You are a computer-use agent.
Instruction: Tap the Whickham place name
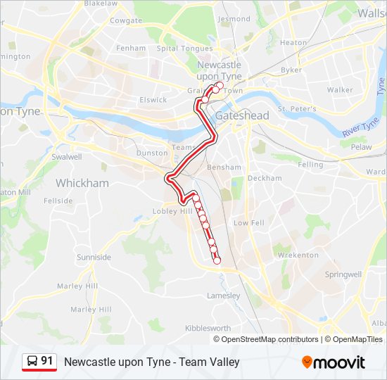[x=82, y=183]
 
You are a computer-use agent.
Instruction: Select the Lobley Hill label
[x=172, y=211]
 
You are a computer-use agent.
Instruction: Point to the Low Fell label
[x=248, y=222]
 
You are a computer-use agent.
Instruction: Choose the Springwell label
[x=343, y=274]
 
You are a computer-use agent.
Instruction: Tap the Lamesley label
[x=223, y=296]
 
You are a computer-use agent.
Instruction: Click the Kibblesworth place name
[x=208, y=328]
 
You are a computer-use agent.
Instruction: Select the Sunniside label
[x=94, y=257]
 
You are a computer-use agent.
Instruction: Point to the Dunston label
[x=152, y=152]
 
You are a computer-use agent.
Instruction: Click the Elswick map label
[x=153, y=100]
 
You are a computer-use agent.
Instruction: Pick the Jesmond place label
[x=234, y=19]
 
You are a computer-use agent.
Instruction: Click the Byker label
[x=291, y=70]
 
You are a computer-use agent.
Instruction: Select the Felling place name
[x=310, y=164]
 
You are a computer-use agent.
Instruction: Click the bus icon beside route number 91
[x=32, y=362]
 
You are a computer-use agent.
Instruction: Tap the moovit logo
[x=334, y=362]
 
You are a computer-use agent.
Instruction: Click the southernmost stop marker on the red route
[x=217, y=260]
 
